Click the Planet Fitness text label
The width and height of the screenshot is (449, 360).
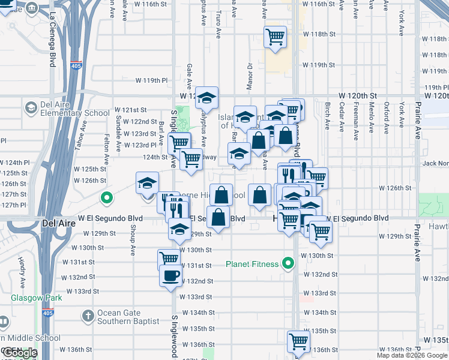click(252, 264)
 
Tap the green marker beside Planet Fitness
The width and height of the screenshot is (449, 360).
click(289, 263)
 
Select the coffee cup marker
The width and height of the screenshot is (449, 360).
click(172, 277)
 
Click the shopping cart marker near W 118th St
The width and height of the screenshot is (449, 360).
click(275, 37)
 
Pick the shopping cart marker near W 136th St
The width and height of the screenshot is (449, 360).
click(298, 341)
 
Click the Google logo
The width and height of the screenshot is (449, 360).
click(20, 353)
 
